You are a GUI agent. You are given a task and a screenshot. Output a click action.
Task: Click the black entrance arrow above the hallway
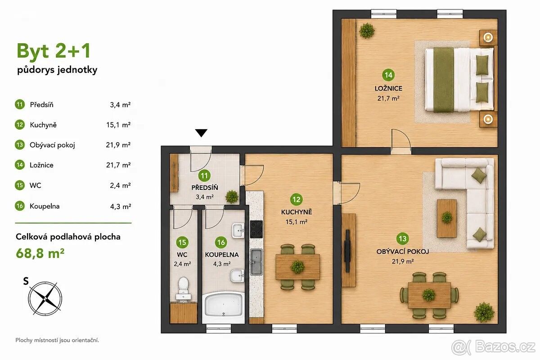201,133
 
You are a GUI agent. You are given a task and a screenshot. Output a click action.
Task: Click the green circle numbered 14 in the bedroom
388,75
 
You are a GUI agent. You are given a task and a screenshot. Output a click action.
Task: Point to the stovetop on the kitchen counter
256,229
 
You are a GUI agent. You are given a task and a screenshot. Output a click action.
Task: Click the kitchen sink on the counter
256,262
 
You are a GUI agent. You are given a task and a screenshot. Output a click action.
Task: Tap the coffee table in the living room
447,218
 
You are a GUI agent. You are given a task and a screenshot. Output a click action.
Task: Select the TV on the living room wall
347,251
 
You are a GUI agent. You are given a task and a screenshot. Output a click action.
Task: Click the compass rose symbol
45,298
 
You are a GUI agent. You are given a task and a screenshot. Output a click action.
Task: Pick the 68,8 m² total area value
40,253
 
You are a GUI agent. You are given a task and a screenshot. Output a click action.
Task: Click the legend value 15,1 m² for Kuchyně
118,125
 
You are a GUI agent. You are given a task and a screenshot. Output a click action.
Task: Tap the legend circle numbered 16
20,206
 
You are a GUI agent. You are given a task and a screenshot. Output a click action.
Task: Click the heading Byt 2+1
54,51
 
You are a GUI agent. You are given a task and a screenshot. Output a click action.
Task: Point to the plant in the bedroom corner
367,31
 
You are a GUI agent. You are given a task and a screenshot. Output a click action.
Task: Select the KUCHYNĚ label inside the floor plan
297,212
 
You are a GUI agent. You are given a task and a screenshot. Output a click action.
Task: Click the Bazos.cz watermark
494,347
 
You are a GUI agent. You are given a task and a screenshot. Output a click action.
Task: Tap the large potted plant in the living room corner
484,312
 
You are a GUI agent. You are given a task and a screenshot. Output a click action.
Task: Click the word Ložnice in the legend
41,165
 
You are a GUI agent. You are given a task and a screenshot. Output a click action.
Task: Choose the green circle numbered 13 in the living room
403,238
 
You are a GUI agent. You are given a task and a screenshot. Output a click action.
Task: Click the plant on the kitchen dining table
298,267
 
